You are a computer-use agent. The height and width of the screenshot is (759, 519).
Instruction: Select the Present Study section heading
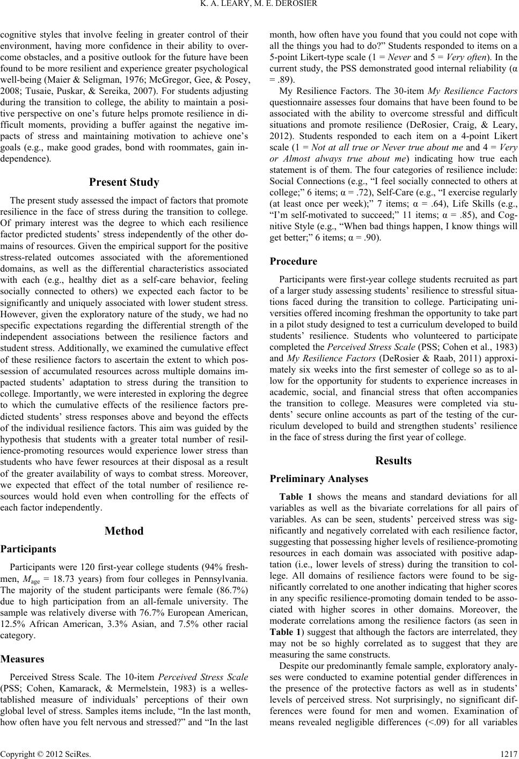pyautogui.click(x=125, y=183)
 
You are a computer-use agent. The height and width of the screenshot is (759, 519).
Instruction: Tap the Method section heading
pyautogui.click(x=125, y=531)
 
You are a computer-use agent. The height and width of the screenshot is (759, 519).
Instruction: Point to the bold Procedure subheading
pyautogui.click(x=294, y=261)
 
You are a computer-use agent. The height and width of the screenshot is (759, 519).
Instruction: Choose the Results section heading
pyautogui.click(x=394, y=461)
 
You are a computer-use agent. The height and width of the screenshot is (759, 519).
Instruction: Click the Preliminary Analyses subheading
pyautogui.click(x=319, y=479)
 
